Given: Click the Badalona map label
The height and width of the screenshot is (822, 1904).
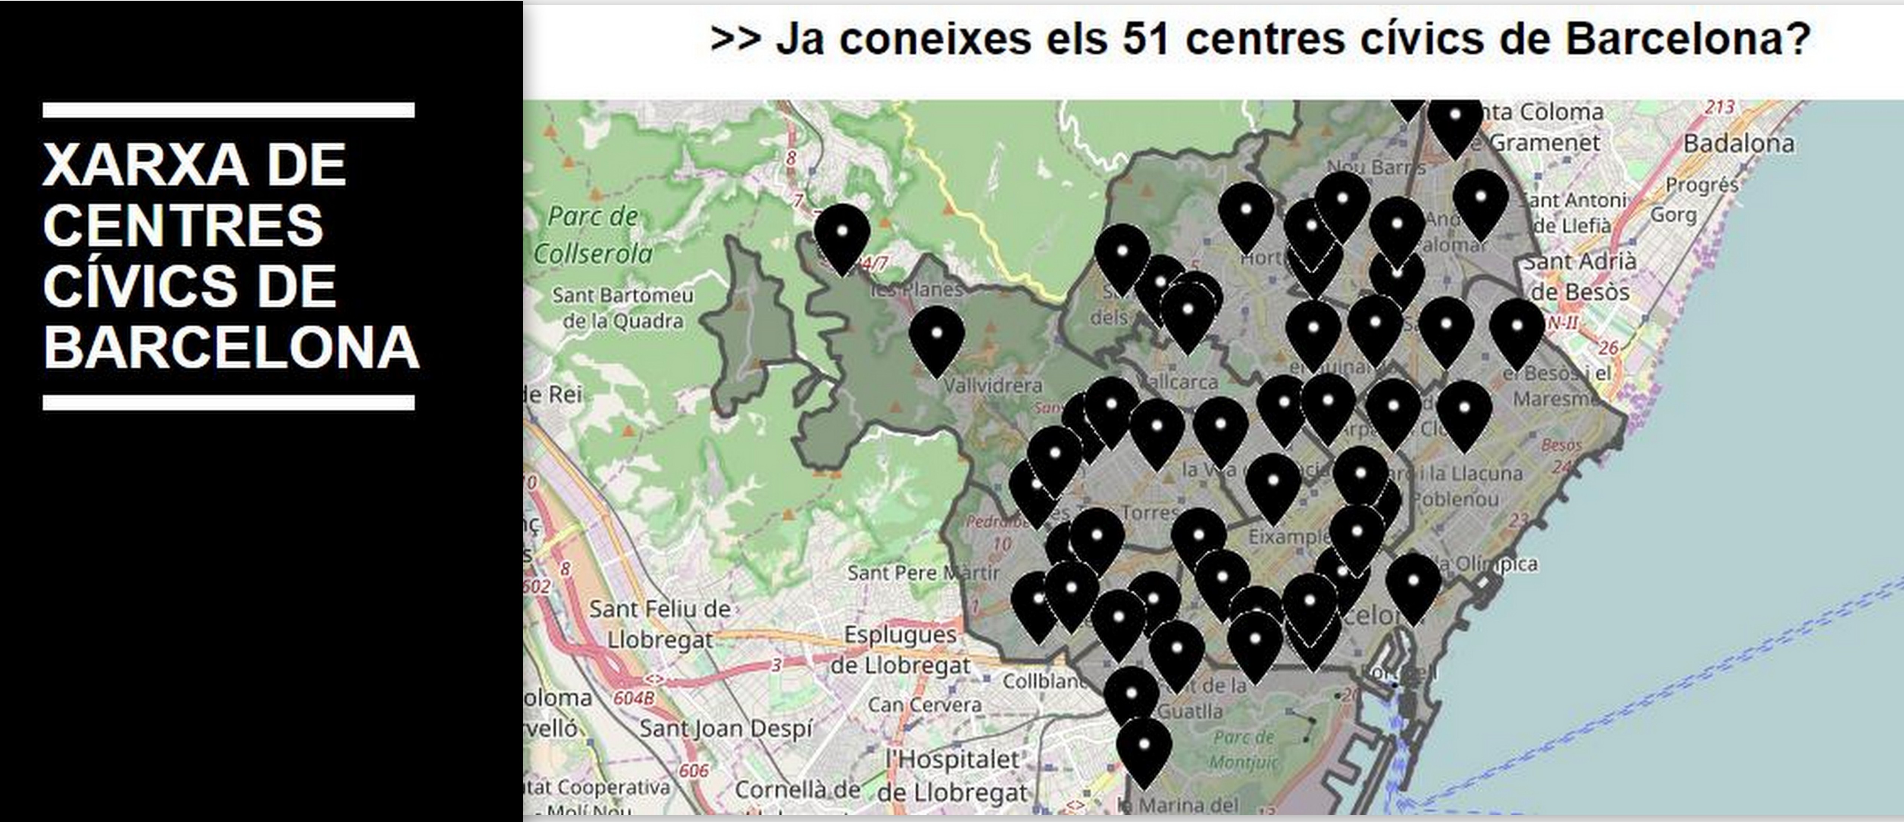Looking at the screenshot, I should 1738,143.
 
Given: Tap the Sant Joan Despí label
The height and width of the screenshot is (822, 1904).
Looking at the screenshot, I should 726,729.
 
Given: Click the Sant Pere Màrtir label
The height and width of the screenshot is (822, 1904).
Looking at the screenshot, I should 923,572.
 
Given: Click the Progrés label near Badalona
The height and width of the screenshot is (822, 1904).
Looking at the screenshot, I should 1701,185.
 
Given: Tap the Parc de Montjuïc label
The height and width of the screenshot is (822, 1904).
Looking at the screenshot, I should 1244,748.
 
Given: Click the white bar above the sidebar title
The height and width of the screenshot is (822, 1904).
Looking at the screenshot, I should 228,110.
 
